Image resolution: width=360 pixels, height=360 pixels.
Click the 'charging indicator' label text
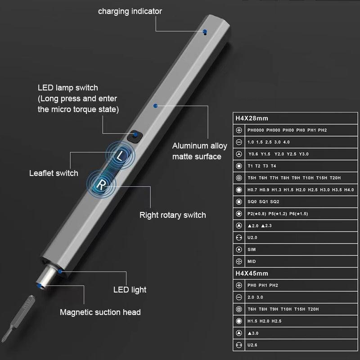[130, 11]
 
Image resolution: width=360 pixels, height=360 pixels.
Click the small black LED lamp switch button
[135, 136]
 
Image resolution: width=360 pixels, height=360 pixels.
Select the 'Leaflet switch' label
[54, 173]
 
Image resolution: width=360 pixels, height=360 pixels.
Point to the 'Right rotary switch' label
[172, 215]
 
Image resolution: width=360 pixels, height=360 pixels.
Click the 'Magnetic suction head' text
[100, 312]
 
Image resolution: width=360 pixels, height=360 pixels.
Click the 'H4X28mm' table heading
[252, 119]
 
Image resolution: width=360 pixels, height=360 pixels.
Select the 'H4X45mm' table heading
[252, 273]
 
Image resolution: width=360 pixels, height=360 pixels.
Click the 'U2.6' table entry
[252, 345]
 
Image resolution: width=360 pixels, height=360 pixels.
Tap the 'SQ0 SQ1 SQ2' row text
[263, 202]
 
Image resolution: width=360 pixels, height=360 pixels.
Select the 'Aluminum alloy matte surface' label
[197, 151]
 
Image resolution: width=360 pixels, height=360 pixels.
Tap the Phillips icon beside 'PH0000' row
[238, 130]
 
